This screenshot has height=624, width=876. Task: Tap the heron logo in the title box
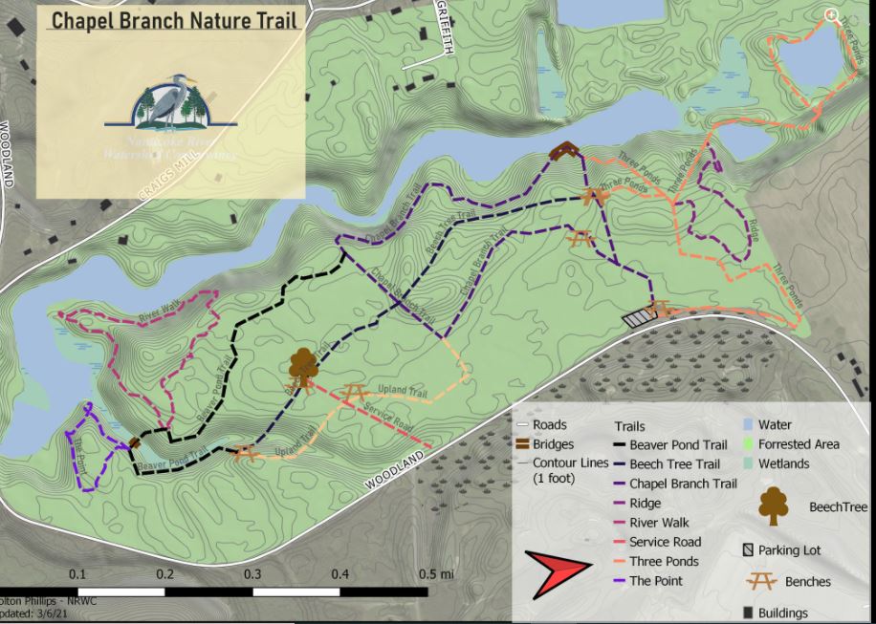(x=170, y=105)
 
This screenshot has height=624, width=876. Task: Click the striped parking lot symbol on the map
(x=636, y=316)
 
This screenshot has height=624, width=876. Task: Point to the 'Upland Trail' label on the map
(x=405, y=392)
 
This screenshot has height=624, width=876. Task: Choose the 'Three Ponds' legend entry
(x=663, y=561)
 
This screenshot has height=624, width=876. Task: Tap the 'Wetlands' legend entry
(x=783, y=463)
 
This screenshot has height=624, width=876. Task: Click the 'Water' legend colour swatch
(x=747, y=424)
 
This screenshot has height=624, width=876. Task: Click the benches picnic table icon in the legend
(x=761, y=580)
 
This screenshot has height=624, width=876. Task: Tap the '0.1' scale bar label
(x=77, y=573)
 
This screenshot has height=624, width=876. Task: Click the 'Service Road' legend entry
(x=665, y=542)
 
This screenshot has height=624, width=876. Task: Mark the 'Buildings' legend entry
(x=782, y=613)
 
